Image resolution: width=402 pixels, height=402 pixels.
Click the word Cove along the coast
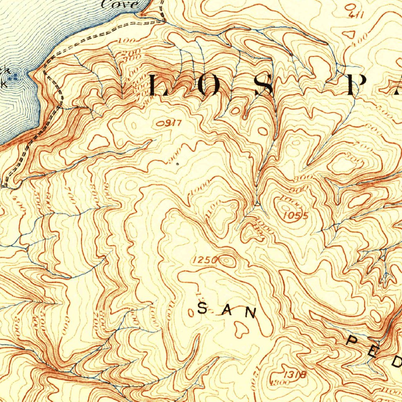click(120, 4)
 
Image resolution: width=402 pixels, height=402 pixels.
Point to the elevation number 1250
click(205, 259)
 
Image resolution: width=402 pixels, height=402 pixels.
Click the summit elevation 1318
click(296, 375)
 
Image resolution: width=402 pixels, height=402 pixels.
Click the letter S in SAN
click(202, 309)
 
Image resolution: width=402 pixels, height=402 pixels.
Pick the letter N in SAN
click(250, 312)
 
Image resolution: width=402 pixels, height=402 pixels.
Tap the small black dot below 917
click(178, 163)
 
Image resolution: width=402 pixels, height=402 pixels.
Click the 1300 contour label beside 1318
click(278, 382)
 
